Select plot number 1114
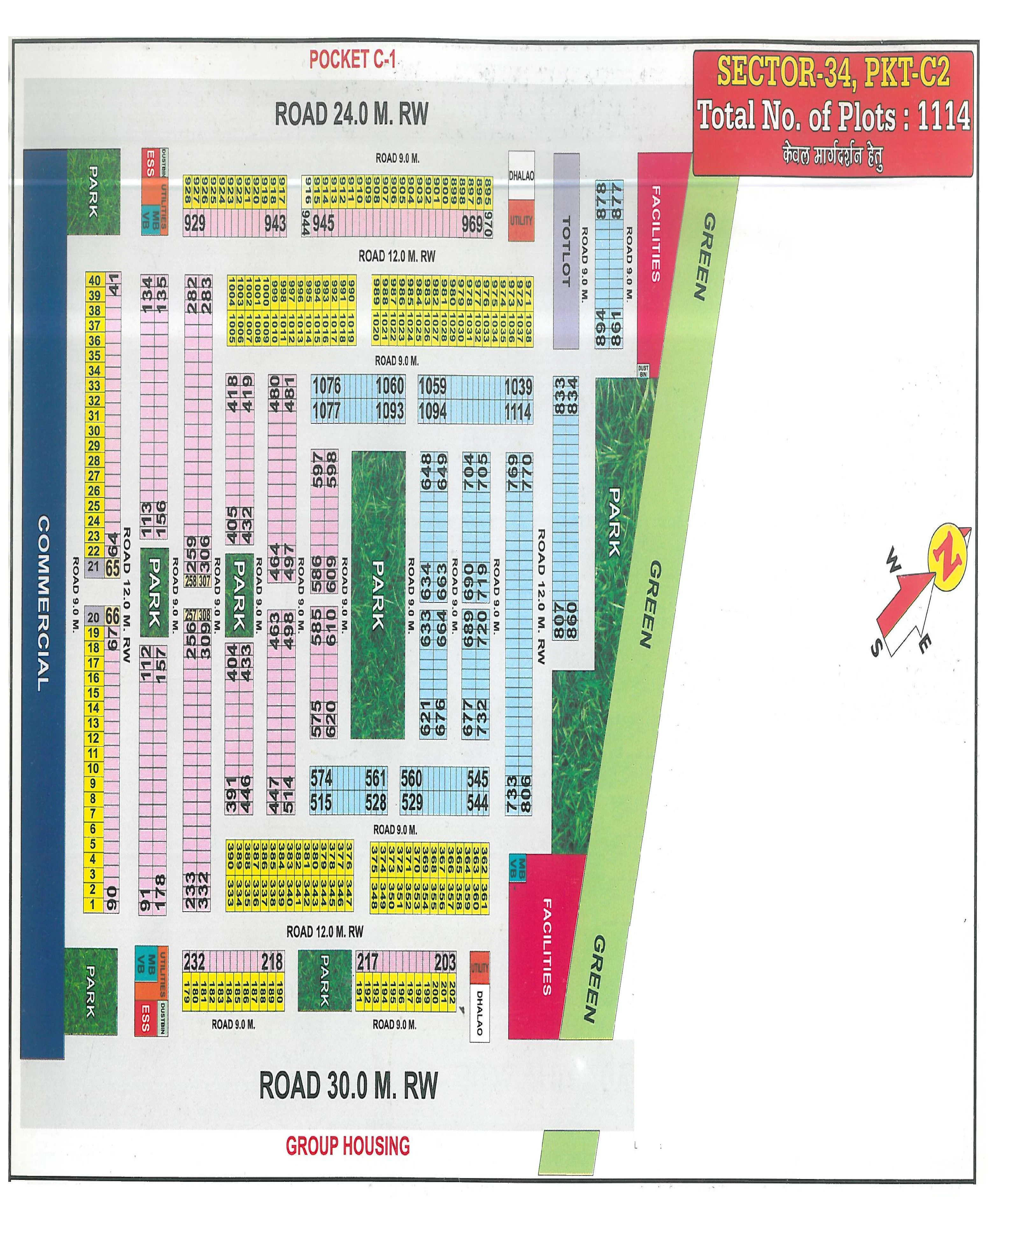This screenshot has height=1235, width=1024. (518, 412)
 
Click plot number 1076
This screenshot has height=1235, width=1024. (326, 386)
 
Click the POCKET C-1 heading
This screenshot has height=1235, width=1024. (352, 60)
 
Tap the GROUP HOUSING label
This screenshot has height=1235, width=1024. (348, 1146)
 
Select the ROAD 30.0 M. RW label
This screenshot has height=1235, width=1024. (348, 1086)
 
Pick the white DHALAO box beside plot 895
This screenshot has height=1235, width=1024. (521, 175)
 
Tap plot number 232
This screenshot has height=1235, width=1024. (194, 962)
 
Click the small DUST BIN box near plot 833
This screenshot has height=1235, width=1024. (644, 370)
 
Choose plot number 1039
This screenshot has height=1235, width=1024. (518, 386)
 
